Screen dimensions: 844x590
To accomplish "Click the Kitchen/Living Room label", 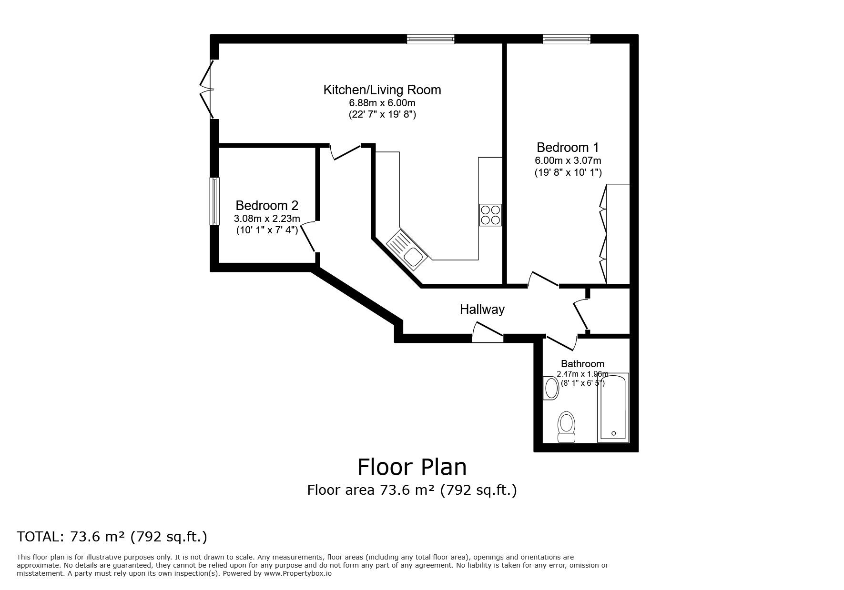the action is [x=382, y=90].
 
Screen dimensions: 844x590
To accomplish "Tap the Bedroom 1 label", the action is [x=568, y=147].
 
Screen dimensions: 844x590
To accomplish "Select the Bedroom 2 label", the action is [x=267, y=205].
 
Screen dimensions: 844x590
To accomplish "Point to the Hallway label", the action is [x=482, y=310].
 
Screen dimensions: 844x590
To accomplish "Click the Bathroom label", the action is [x=582, y=364].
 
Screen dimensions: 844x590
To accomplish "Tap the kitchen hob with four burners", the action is [x=490, y=215].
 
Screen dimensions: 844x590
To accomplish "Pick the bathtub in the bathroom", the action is [x=613, y=407].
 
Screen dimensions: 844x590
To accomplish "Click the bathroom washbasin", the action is [x=551, y=388].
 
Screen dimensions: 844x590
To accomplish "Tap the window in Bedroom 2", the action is [x=215, y=201].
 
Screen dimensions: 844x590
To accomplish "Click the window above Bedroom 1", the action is [x=567, y=39].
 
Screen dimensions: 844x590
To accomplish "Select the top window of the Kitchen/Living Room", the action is [x=430, y=39].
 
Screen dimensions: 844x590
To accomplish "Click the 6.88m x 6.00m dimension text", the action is [x=382, y=103].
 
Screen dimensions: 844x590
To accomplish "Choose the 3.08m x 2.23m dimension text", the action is [x=267, y=219].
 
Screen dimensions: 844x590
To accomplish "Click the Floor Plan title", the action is [x=412, y=467].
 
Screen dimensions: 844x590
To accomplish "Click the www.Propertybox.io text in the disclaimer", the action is [x=298, y=574].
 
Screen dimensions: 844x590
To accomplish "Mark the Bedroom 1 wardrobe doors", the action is [x=603, y=233].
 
